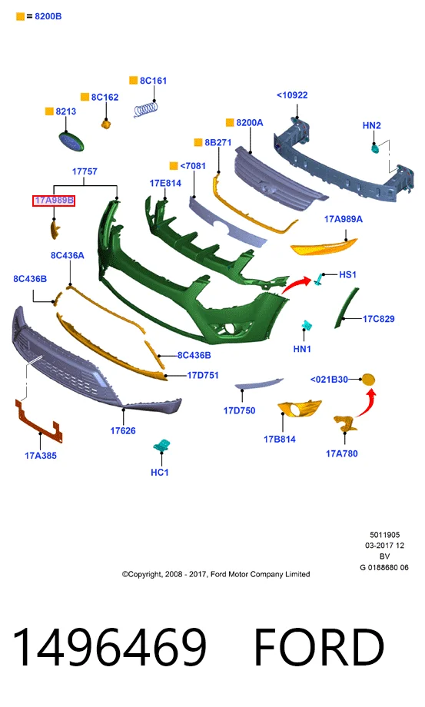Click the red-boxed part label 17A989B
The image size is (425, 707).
54,201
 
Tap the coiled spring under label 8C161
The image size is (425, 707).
147,109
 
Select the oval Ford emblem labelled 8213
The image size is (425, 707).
71,141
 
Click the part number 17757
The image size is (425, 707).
85,171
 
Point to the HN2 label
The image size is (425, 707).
372,125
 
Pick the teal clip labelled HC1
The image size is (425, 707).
161,445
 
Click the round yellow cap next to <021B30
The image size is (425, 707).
368,380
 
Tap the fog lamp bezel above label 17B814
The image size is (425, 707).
299,409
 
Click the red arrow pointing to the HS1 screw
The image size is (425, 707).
296,285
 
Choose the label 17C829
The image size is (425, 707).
379,319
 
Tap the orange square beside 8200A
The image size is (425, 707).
230,123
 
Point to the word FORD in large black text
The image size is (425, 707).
319,647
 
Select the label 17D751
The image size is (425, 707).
203,375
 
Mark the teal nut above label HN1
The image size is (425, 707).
307,326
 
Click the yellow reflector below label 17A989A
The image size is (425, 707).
324,247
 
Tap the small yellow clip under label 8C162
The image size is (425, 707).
106,124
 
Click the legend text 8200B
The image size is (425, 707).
48,16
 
